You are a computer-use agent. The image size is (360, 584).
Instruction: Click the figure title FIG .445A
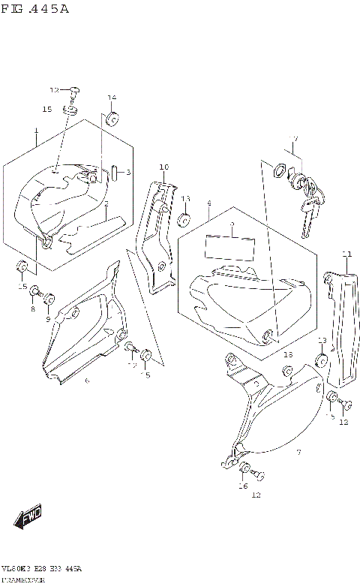pyautogui.click(x=35, y=8)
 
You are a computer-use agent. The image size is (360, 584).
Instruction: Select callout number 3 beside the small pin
pyautogui.click(x=127, y=173)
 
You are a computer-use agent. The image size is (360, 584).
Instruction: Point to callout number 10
pyautogui.click(x=163, y=167)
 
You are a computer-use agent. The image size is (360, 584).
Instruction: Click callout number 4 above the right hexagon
pyautogui.click(x=208, y=203)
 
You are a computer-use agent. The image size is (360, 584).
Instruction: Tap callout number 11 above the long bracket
pyautogui.click(x=346, y=253)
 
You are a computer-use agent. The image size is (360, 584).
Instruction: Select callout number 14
pyautogui.click(x=111, y=98)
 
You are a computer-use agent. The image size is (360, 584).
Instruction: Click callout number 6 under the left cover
pyautogui.click(x=87, y=381)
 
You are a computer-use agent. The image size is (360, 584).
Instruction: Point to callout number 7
pyautogui.click(x=298, y=453)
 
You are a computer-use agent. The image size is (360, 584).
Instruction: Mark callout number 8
pyautogui.click(x=33, y=309)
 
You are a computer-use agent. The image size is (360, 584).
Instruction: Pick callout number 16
pyautogui.click(x=242, y=486)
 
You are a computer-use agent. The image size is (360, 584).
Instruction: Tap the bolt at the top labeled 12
pyautogui.click(x=74, y=92)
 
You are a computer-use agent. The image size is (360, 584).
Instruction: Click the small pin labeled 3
pyautogui.click(x=113, y=173)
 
